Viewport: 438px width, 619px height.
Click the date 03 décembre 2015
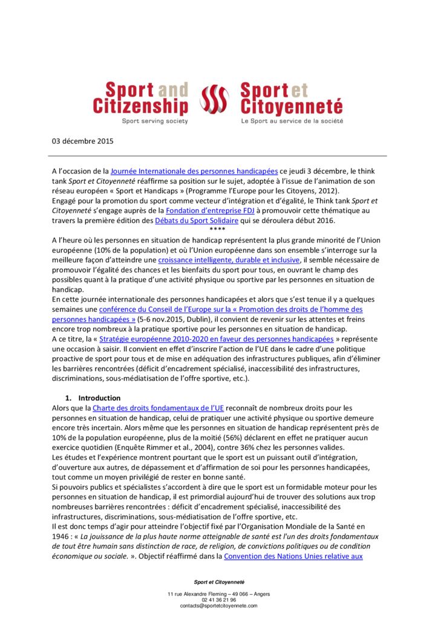[x=82, y=141]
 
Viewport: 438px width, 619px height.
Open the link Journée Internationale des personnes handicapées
[x=194, y=171]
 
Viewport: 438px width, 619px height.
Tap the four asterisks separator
[x=217, y=230]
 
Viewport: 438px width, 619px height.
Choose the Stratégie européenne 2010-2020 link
[x=216, y=339]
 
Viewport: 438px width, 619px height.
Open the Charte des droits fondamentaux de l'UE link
[x=159, y=408]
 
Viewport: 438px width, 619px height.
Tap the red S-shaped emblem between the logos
[x=215, y=99]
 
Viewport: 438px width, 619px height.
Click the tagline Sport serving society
[x=155, y=121]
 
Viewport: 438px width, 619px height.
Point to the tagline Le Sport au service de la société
[x=292, y=121]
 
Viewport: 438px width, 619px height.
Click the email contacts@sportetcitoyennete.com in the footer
[x=218, y=605]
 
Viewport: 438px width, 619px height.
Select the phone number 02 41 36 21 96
[x=218, y=600]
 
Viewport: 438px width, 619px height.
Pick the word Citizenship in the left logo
[x=140, y=107]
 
